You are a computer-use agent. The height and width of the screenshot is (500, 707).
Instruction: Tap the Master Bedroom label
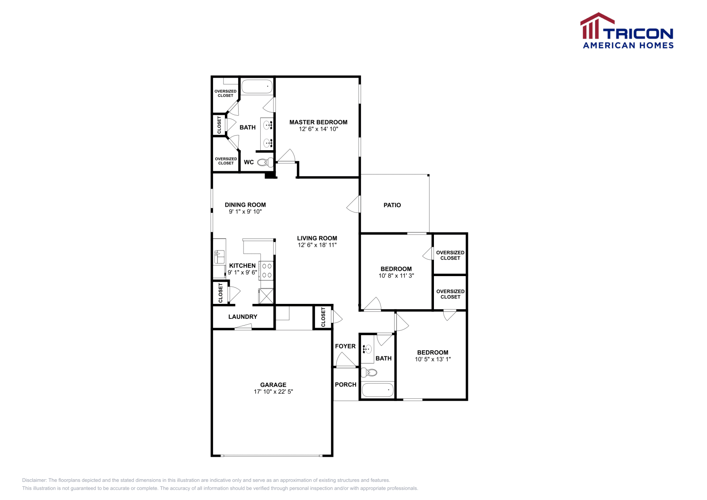[x=318, y=122]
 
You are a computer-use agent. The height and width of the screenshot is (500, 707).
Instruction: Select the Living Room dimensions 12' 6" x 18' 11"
[x=317, y=245]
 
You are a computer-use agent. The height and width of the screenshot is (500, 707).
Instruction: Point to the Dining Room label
[x=245, y=205]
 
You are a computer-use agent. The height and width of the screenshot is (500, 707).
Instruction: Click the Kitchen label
[x=242, y=265]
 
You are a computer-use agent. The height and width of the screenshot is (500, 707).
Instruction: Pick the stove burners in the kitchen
[x=267, y=270]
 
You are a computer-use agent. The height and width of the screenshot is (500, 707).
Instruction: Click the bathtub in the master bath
[x=257, y=86]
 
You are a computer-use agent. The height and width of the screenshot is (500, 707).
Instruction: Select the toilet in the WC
[x=265, y=162]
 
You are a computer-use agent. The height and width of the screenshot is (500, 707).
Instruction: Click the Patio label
[x=392, y=205]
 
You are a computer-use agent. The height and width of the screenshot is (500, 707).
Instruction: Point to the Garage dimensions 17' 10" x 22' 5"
[x=273, y=391]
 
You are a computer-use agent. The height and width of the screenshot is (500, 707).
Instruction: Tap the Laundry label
[x=243, y=317]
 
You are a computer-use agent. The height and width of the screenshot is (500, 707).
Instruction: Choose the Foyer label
[x=345, y=346]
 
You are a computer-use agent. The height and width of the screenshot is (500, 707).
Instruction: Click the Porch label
[x=346, y=384]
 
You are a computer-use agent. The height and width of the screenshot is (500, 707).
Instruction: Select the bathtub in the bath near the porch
[x=377, y=390]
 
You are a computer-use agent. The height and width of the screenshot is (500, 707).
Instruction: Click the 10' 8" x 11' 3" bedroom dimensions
[x=396, y=276]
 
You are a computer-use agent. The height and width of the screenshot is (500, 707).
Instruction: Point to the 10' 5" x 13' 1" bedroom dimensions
[x=433, y=359]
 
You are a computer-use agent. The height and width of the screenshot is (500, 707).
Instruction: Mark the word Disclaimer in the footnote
[x=34, y=480]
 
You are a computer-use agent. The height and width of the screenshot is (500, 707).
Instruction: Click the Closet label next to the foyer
[x=323, y=317]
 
